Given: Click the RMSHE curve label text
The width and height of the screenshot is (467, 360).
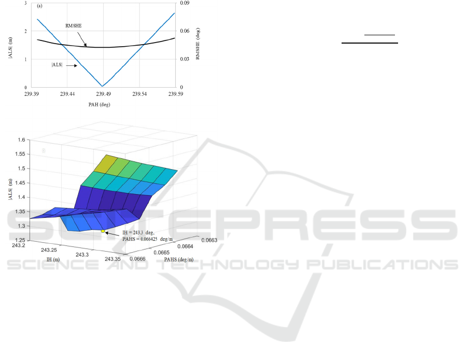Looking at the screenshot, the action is tap(74, 26).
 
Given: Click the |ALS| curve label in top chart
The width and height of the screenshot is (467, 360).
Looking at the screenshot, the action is tap(57, 65).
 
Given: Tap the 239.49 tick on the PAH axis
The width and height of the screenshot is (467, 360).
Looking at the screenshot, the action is tap(103, 94).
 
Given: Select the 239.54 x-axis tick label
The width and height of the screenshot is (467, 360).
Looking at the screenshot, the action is tap(139, 94).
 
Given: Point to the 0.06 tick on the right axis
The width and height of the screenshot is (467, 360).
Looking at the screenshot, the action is tap(185, 31).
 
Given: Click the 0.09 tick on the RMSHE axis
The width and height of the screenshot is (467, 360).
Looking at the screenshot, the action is tap(185, 3).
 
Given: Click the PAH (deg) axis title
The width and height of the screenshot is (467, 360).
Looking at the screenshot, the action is tap(99, 105).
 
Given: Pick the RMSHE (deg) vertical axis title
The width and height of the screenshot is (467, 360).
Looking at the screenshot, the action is tap(198, 44).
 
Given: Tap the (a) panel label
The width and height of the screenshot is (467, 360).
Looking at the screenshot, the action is tap(39, 6).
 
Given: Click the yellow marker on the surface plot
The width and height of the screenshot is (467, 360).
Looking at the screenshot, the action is tap(103, 231).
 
